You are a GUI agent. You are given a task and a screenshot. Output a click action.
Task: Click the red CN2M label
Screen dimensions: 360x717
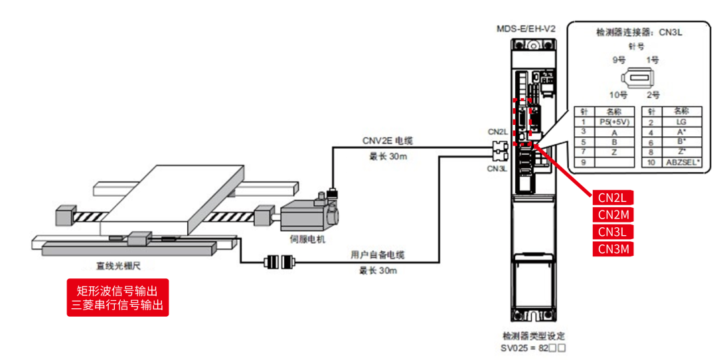click(x=613, y=215)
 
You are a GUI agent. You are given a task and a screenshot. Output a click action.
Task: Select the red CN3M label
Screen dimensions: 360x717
click(x=613, y=250)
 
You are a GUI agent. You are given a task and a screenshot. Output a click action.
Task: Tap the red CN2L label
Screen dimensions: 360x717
click(x=612, y=197)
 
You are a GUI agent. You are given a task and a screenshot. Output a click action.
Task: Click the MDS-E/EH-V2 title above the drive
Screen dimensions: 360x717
click(x=526, y=29)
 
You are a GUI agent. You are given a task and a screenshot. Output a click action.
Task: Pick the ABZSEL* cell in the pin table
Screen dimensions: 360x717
click(x=681, y=162)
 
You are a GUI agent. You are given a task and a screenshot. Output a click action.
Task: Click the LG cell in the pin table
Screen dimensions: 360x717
click(x=681, y=122)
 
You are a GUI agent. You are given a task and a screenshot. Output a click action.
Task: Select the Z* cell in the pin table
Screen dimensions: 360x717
click(x=681, y=152)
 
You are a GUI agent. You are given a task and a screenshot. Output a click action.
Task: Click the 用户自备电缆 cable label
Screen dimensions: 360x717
click(x=378, y=255)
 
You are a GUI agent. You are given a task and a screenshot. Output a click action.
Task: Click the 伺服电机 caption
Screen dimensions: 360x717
click(x=307, y=240)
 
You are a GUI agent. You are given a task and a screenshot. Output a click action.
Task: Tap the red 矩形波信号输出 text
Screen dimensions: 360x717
click(x=118, y=290)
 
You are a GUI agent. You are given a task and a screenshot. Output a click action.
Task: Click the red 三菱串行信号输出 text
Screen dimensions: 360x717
click(x=118, y=306)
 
